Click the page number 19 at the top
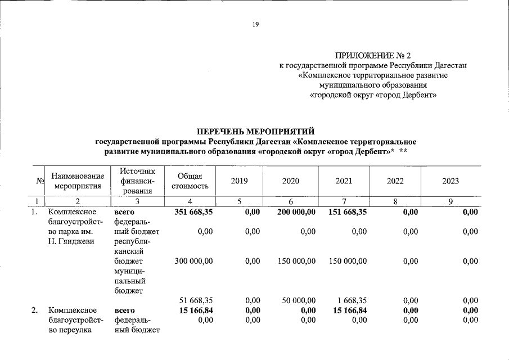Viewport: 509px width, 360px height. (255, 24)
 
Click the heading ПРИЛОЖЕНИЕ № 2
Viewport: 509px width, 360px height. (373, 56)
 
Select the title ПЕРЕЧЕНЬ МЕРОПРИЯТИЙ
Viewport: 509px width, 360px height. (254, 131)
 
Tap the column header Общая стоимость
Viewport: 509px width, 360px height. (190, 181)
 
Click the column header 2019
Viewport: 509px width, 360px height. (239, 181)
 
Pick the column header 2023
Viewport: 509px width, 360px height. (451, 181)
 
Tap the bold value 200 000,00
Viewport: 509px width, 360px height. (296, 212)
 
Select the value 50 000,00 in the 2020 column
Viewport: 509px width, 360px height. (299, 300)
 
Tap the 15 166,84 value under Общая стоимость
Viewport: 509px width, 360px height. (193, 310)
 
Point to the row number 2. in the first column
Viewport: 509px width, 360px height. (35, 310)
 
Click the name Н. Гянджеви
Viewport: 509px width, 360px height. (69, 241)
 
